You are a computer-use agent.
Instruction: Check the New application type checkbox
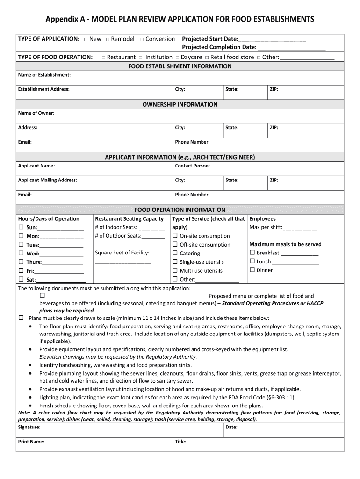pos(86,39)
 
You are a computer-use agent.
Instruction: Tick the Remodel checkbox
pos(108,39)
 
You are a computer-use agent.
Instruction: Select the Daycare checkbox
pos(178,58)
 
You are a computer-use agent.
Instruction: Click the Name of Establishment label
pos(44,75)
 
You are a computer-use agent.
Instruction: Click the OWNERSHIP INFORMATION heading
pos(180,104)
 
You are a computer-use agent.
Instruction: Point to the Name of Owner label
pos(36,113)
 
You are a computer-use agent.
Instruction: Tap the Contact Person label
pos(192,166)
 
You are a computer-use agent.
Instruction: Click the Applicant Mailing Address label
pos(47,180)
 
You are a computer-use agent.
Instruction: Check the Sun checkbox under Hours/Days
pos(21,227)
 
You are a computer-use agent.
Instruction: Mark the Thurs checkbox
pos(21,262)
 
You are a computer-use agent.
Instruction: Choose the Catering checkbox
pos(175,253)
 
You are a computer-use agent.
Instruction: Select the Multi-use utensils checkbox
pos(175,270)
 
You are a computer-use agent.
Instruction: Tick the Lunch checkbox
pos(252,261)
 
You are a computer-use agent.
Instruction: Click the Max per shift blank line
pos(300,227)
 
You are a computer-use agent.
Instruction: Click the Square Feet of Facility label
pos(122,253)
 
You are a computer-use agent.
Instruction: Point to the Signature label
pos(29,427)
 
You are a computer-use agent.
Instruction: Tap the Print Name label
pos(31,442)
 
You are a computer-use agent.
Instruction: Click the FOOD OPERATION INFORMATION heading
pos(180,210)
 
